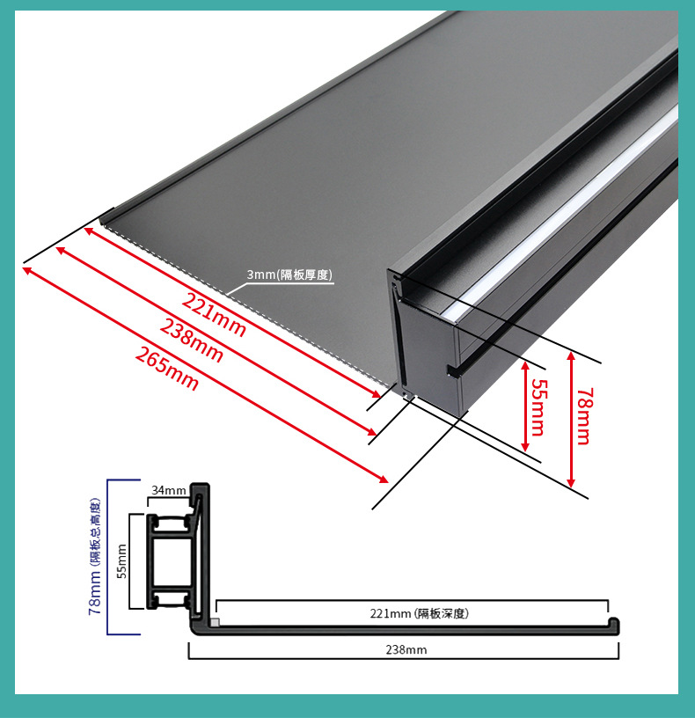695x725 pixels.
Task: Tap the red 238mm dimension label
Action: pos(192,341)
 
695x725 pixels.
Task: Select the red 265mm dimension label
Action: pos(167,369)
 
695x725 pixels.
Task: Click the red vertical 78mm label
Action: pos(584,416)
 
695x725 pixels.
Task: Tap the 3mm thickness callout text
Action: pos(289,275)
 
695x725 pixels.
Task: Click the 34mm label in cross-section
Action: pos(168,490)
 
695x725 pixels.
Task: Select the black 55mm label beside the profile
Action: pos(121,560)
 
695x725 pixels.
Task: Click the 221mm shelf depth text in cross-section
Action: pos(420,613)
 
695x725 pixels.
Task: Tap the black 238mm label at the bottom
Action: pos(406,649)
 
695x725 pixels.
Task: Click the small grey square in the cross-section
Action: pos(215,622)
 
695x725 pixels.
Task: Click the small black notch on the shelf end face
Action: pos(453,370)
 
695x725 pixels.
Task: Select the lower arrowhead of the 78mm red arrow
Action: pos(572,482)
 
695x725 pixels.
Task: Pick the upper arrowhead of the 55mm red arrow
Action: pos(525,366)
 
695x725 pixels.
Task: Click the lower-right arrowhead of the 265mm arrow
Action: pos(384,479)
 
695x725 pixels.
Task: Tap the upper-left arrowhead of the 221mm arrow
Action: pos(89,231)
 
